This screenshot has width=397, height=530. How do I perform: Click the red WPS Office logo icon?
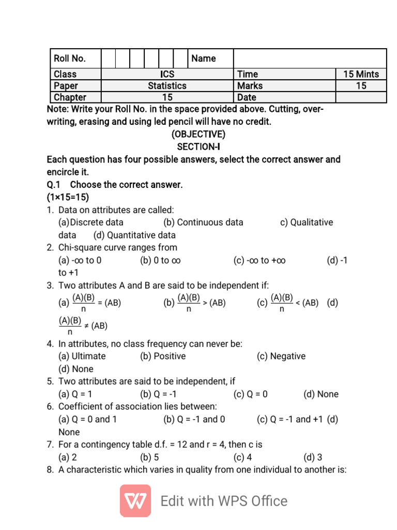click(x=135, y=500)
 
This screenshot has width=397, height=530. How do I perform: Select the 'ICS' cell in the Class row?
click(x=167, y=74)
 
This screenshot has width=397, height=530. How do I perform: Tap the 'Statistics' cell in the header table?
click(x=167, y=86)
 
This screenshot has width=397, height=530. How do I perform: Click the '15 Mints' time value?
click(x=361, y=74)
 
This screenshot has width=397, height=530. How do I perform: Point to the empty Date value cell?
click(x=361, y=97)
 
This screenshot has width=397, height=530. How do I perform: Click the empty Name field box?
click(x=310, y=58)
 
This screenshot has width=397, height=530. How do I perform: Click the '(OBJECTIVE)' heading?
click(x=198, y=135)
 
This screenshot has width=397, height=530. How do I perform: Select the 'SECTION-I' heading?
click(x=198, y=147)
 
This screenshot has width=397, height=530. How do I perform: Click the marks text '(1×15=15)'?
click(x=68, y=197)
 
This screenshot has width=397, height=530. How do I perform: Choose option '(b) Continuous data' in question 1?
click(x=203, y=223)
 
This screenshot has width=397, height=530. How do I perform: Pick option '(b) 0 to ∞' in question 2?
click(x=160, y=260)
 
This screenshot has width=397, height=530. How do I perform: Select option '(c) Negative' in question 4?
click(x=281, y=356)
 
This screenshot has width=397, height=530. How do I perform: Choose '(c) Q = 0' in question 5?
click(x=251, y=394)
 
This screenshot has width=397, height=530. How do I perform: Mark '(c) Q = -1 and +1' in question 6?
click(x=290, y=419)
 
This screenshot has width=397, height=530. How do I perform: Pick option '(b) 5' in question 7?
click(x=149, y=457)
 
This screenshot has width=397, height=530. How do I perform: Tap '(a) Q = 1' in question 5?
click(x=75, y=394)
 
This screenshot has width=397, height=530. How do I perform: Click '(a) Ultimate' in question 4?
click(x=82, y=356)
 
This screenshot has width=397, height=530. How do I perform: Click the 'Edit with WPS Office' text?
click(x=224, y=501)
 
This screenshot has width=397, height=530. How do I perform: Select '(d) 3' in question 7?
click(x=313, y=457)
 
